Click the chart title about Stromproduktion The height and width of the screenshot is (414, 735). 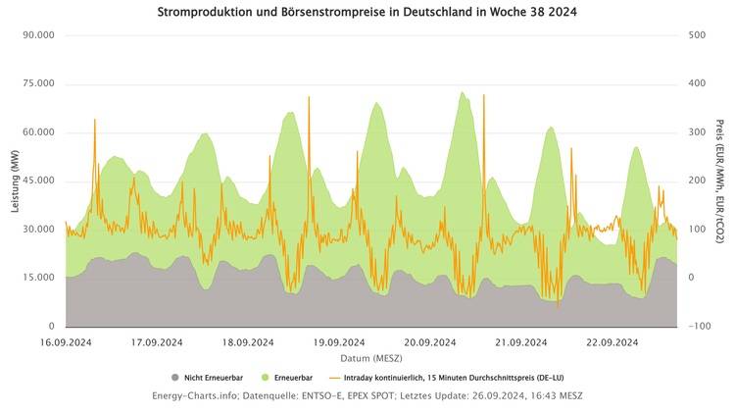[x=367, y=13]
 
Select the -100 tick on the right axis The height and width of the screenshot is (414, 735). [x=697, y=327]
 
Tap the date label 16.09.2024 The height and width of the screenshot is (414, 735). [x=66, y=342]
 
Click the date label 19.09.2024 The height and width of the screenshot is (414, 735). [x=339, y=342]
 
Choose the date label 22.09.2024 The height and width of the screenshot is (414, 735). [x=612, y=342]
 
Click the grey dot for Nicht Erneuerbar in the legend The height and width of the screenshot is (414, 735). [x=175, y=377]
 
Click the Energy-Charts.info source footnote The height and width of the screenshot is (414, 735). [x=367, y=395]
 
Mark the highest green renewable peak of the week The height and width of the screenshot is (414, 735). [x=462, y=92]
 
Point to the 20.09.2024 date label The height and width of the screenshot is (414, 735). [x=429, y=342]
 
